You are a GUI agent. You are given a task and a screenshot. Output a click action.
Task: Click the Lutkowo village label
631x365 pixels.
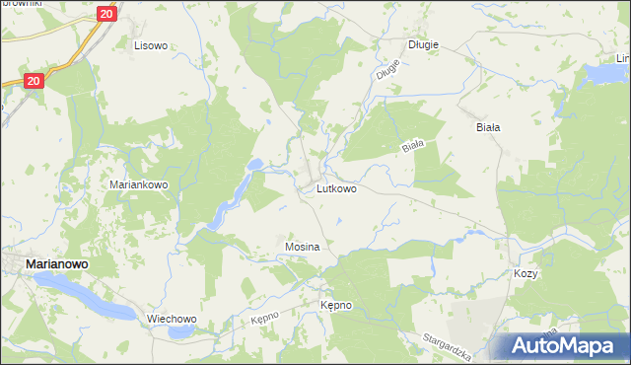click(x=337, y=187)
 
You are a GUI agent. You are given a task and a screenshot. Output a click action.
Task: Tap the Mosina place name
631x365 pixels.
click(x=302, y=246)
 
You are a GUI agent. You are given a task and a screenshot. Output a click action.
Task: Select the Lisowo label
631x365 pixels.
click(x=152, y=45)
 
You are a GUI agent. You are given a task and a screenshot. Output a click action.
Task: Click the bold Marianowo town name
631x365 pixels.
click(x=58, y=264)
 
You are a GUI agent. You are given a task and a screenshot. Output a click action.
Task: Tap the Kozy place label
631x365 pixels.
click(x=525, y=273)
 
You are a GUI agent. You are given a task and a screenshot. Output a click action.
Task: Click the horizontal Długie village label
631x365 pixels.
click(x=423, y=44)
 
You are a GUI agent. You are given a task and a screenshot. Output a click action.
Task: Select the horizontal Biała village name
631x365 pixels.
click(x=488, y=127)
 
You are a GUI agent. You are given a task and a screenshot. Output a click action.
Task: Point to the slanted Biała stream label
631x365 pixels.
click(x=412, y=146)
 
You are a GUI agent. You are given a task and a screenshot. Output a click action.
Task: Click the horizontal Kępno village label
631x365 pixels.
click(x=335, y=306)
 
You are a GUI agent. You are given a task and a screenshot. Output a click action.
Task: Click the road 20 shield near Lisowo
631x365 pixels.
click(x=107, y=14)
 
